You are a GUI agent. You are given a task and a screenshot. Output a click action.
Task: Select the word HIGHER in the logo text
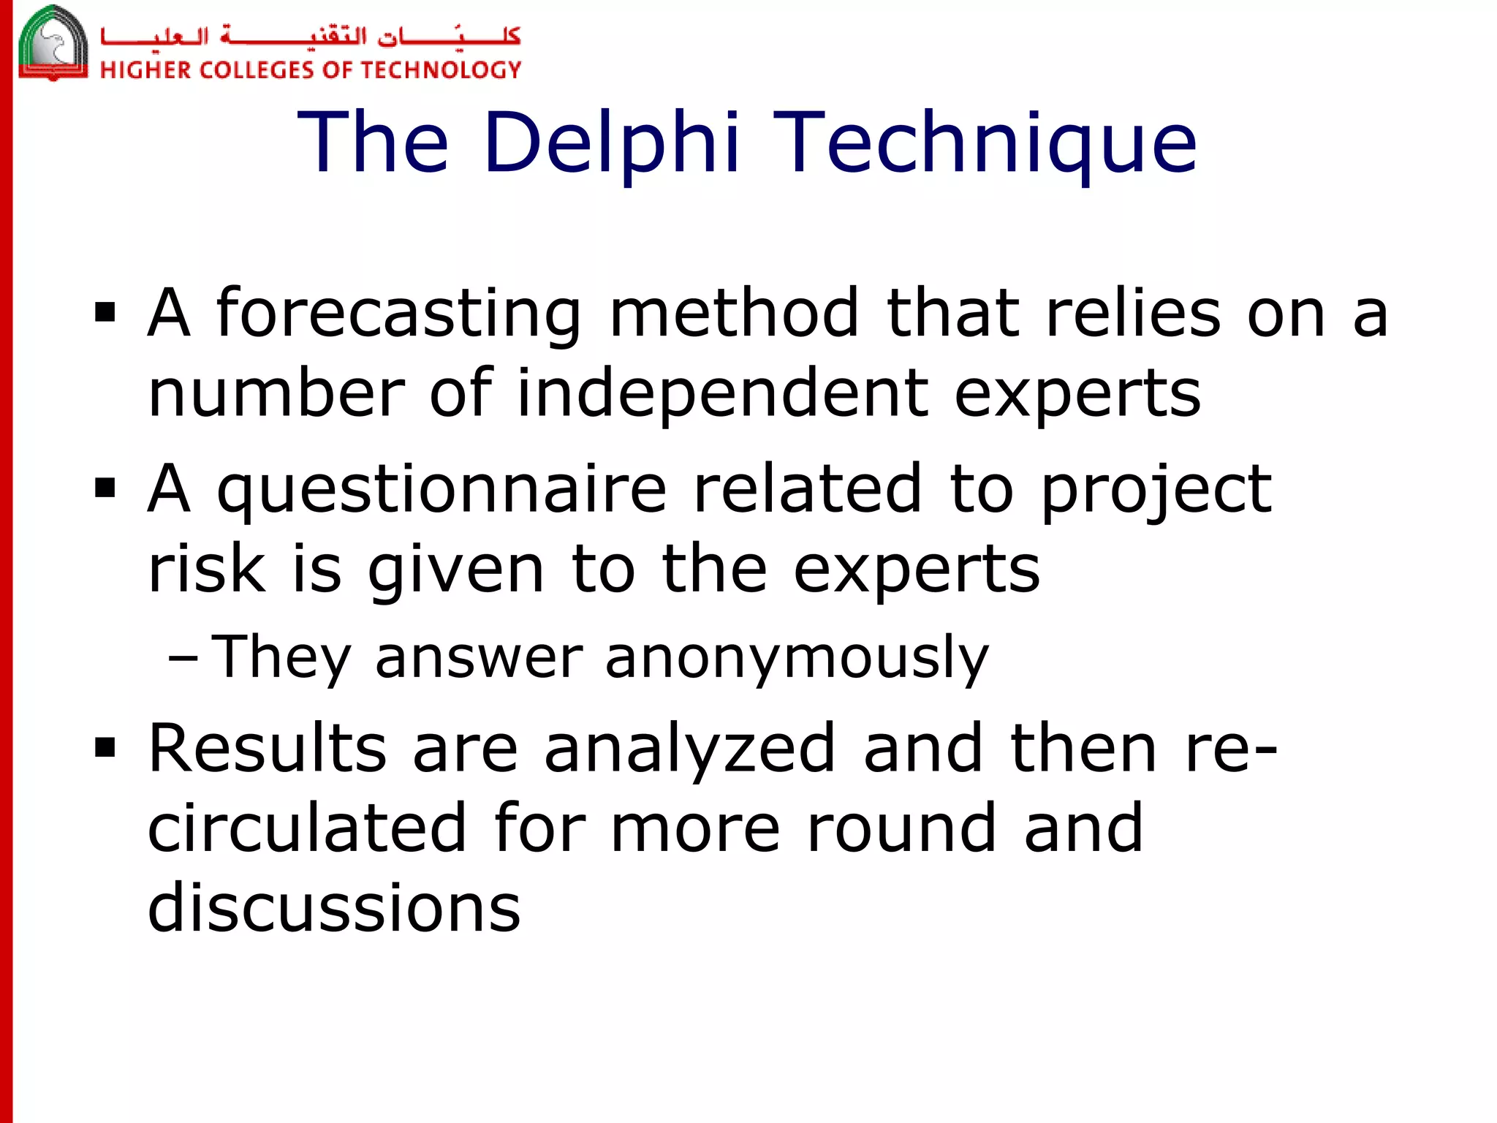pos(145,70)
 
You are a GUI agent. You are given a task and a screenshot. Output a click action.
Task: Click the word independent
pos(721,393)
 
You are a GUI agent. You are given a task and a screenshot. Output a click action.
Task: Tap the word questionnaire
pos(441,490)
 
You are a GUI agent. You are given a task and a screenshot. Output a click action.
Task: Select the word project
pos(1156,490)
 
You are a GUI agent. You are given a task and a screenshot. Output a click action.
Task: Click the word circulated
pos(307,828)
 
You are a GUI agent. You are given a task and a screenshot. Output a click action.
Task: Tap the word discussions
pos(334,908)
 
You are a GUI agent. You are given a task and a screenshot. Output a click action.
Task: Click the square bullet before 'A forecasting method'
pos(105,313)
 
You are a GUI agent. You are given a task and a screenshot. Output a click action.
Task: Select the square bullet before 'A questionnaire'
pos(105,488)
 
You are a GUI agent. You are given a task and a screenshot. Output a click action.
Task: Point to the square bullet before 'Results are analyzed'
pos(105,747)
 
